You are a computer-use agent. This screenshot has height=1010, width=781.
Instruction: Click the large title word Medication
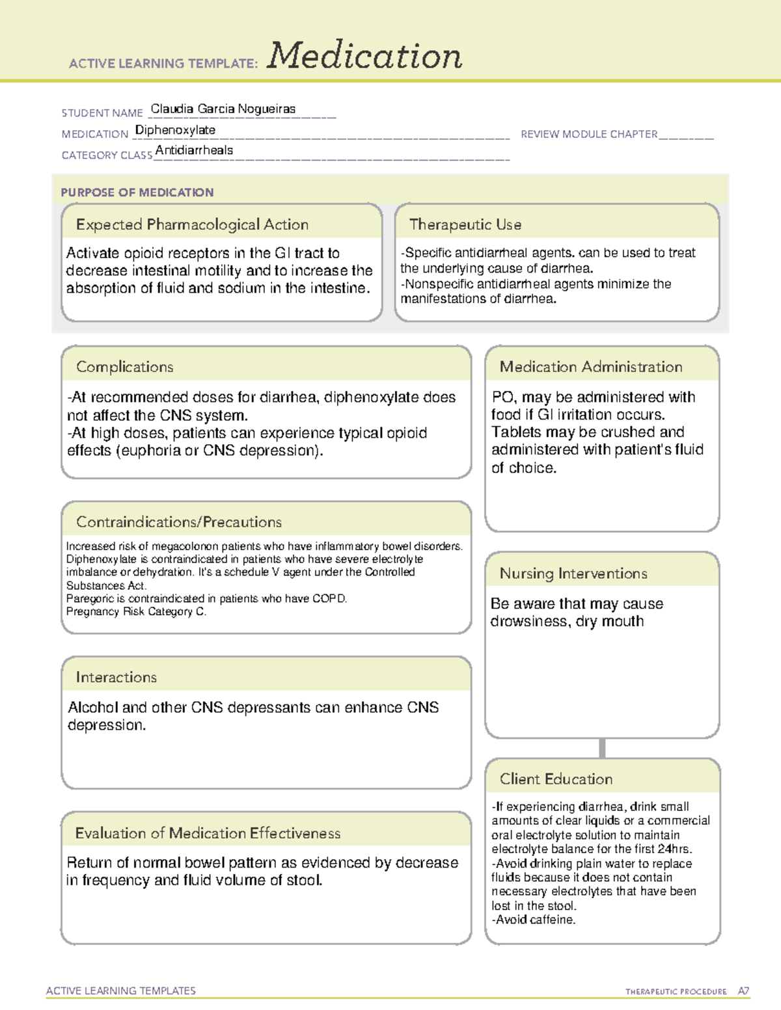364,56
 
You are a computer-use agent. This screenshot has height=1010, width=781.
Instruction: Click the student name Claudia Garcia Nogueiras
223,109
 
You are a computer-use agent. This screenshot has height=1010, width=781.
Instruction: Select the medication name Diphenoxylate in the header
175,130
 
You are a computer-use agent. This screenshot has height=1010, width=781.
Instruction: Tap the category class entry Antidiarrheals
194,150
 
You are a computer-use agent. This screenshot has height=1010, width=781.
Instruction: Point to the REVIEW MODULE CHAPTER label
589,134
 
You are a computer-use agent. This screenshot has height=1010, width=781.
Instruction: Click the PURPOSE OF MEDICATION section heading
137,193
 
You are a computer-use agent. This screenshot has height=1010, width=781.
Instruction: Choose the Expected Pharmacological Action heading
192,224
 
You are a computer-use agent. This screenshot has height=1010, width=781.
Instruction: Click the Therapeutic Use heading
465,224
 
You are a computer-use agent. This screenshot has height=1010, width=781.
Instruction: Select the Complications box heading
125,367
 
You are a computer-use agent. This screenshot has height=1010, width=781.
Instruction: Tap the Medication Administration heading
591,367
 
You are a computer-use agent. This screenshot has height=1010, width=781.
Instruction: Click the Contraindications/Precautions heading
179,522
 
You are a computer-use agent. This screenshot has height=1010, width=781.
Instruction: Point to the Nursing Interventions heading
573,573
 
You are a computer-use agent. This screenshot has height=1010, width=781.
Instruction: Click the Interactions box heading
116,677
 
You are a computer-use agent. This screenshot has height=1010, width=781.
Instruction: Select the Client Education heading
556,779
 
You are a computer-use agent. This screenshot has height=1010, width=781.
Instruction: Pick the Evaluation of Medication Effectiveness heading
208,833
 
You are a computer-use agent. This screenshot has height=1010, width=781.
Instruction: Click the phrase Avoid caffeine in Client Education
535,920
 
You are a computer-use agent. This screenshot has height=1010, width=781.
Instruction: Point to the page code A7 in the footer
743,991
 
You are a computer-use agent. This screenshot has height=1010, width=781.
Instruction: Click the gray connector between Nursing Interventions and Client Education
602,748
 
